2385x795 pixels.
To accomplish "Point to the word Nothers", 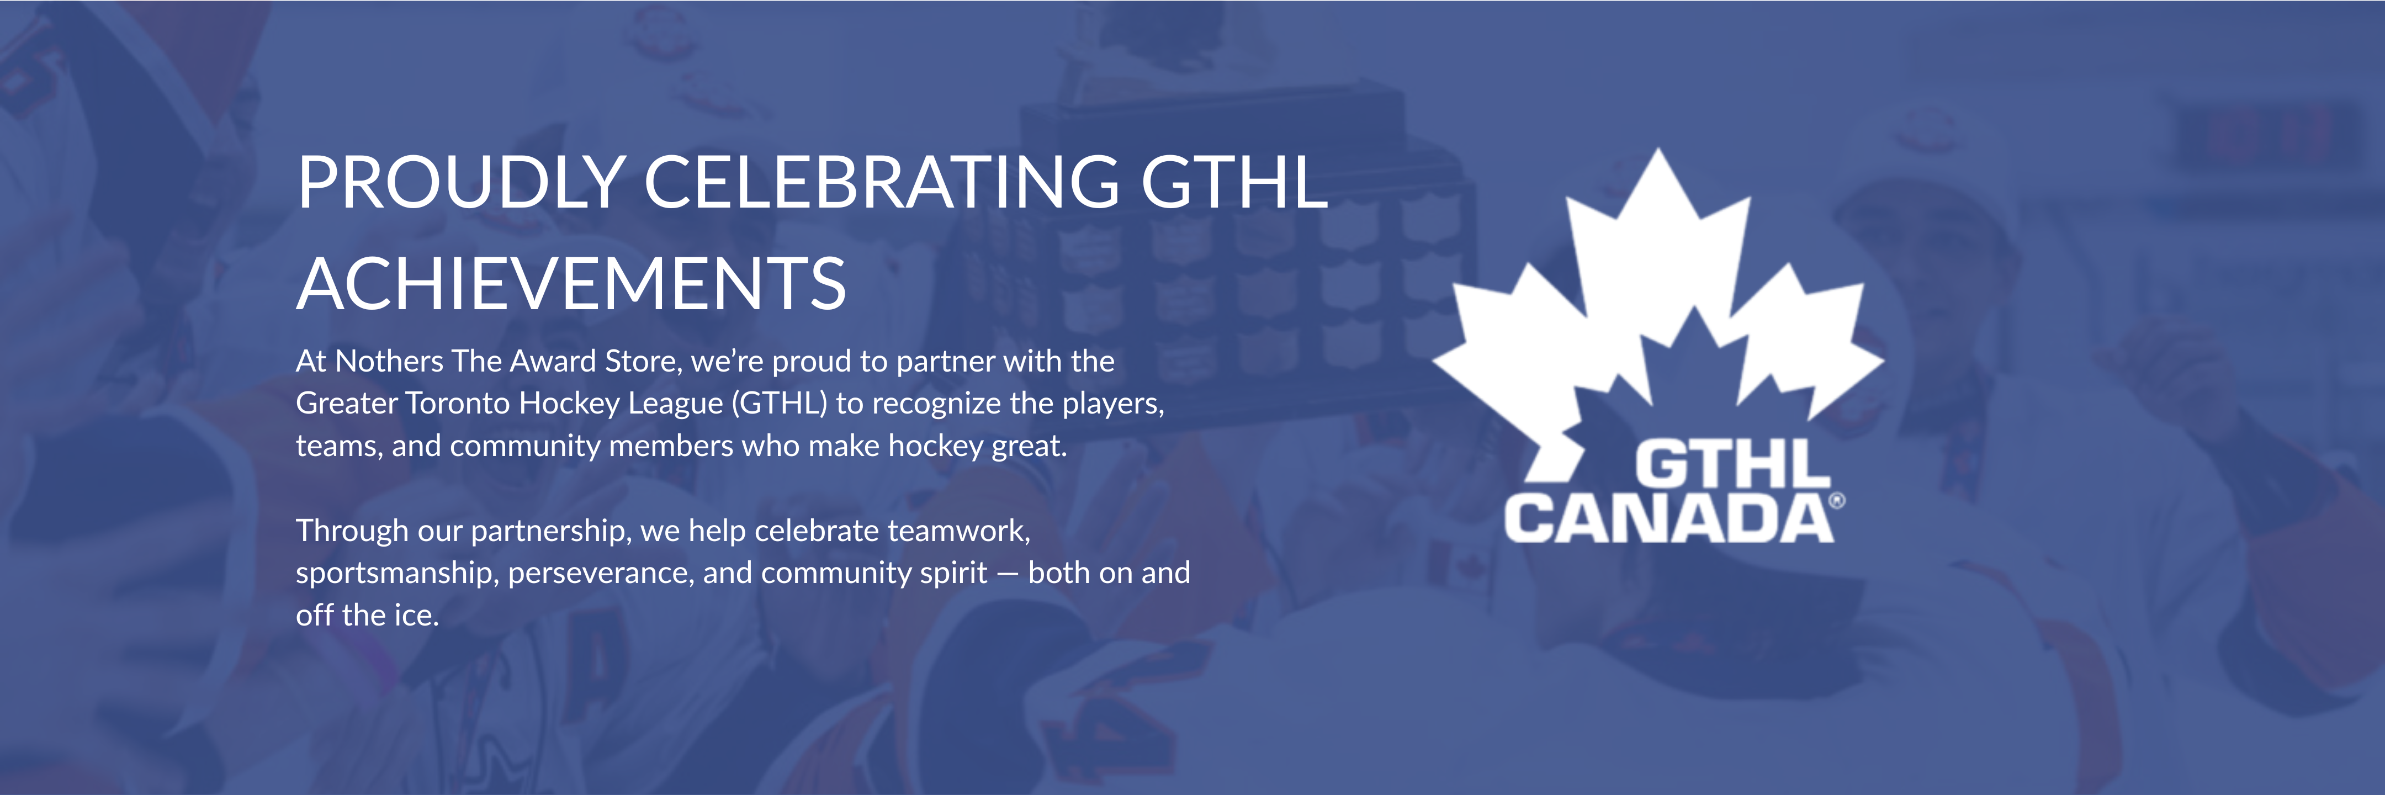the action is point(389,361).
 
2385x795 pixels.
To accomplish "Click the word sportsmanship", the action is point(397,574).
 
